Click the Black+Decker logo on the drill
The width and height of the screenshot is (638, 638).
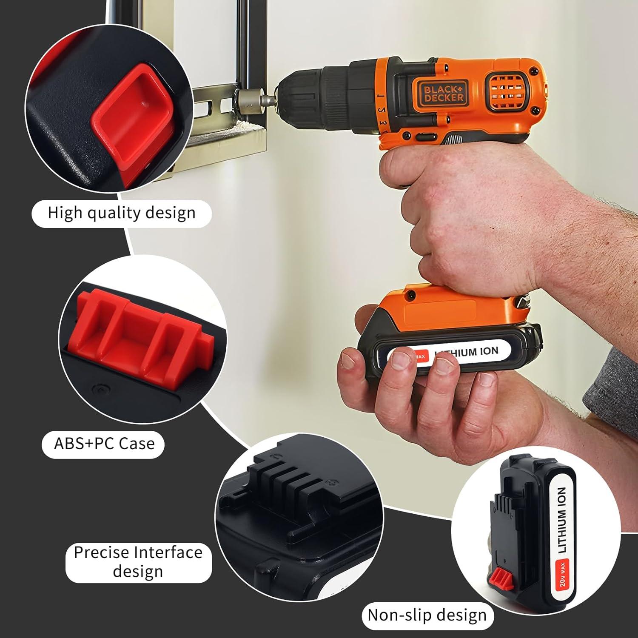[x=444, y=92]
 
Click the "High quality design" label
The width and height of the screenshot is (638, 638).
[x=122, y=213]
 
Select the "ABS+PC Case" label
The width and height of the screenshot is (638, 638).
[x=104, y=444]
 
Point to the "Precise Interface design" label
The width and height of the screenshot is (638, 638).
[x=138, y=562]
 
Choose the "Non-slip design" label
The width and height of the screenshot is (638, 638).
[x=427, y=615]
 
